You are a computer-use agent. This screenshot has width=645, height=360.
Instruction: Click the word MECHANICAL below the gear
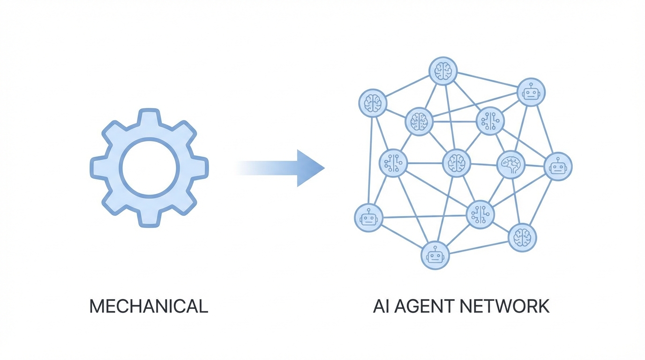click(x=149, y=307)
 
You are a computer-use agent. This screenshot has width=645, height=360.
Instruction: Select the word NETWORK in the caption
click(x=504, y=307)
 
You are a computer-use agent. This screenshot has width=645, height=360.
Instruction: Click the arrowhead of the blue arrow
click(x=309, y=168)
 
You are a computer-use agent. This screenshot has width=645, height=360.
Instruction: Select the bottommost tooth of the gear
click(x=149, y=218)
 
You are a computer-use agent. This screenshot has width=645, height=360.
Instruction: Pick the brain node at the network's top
click(x=443, y=71)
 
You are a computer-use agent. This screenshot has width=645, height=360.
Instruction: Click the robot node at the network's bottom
click(x=435, y=255)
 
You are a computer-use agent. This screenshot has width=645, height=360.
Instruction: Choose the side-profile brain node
click(x=510, y=165)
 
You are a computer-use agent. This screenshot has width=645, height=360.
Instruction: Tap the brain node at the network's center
click(x=457, y=163)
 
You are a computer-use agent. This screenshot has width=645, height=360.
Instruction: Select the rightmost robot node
click(x=558, y=166)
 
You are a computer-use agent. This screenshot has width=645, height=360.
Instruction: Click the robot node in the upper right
click(x=531, y=92)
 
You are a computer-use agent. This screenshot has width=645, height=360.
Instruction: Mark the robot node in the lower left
click(x=368, y=218)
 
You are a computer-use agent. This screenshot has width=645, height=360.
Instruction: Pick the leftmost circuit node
click(x=393, y=163)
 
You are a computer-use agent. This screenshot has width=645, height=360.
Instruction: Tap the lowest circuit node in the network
click(x=480, y=215)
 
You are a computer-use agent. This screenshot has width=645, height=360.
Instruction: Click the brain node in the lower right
click(x=522, y=238)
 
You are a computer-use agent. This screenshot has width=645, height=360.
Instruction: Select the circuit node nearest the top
click(x=490, y=121)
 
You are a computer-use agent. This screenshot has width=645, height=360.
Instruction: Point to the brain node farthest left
click(x=373, y=103)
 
